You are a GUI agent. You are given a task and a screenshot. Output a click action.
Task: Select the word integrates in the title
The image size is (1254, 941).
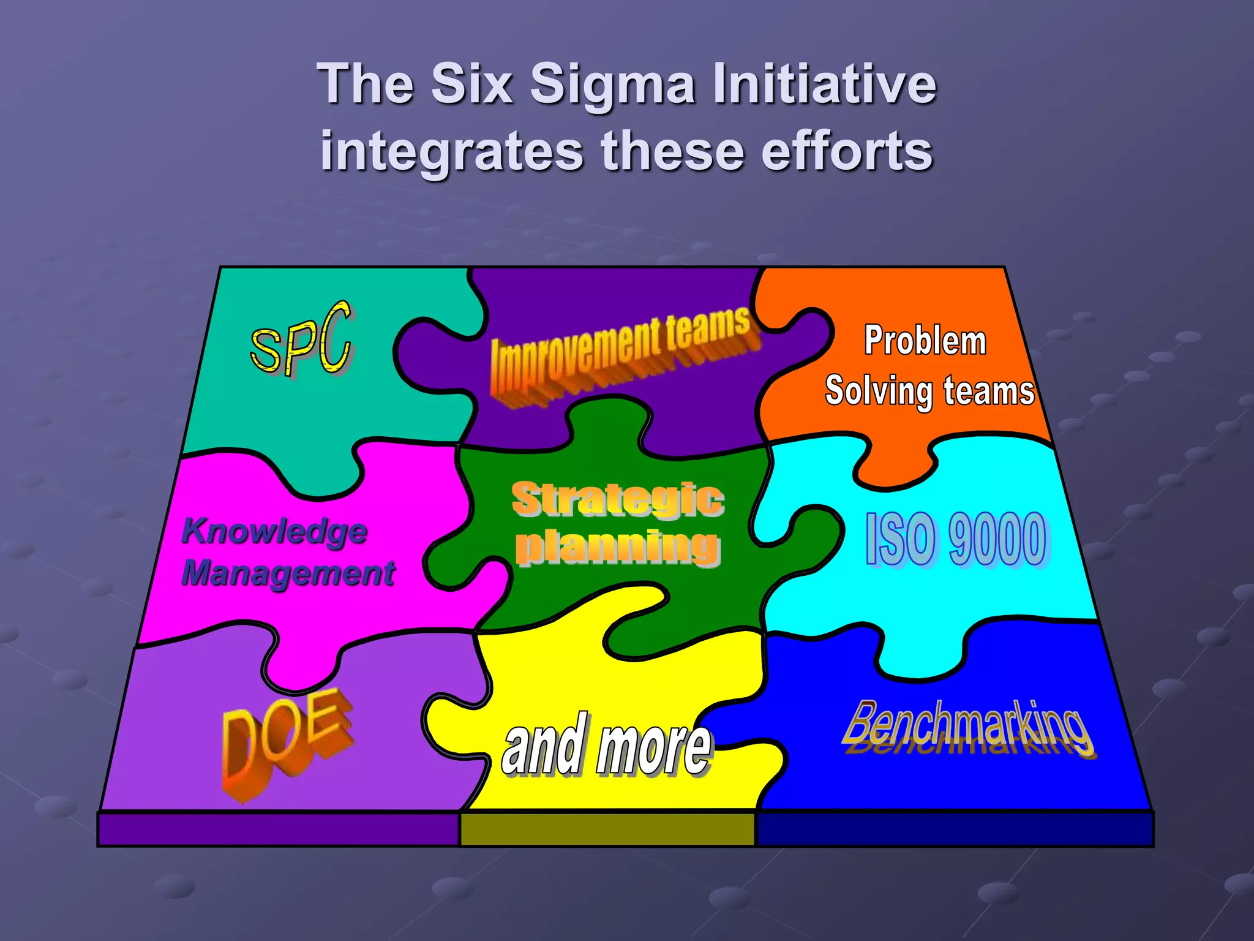point(452,152)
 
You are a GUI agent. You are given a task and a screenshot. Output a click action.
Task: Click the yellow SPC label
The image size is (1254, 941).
point(301,339)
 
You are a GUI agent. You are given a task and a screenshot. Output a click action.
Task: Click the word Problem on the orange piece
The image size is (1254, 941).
point(925,341)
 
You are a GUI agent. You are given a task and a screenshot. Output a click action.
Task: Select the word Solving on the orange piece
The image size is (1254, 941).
point(878,391)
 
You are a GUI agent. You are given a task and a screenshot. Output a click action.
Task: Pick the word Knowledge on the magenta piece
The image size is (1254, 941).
point(274,531)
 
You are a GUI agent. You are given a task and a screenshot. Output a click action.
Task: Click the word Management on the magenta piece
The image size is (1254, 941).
point(288,573)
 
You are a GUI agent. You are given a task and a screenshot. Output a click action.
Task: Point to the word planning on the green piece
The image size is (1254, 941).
point(617,546)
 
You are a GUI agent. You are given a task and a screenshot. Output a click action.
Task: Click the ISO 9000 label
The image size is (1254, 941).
point(958,539)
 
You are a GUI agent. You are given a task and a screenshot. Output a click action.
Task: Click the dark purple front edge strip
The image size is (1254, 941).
point(279,830)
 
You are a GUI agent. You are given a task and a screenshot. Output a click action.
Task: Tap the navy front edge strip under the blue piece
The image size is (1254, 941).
point(955,830)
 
